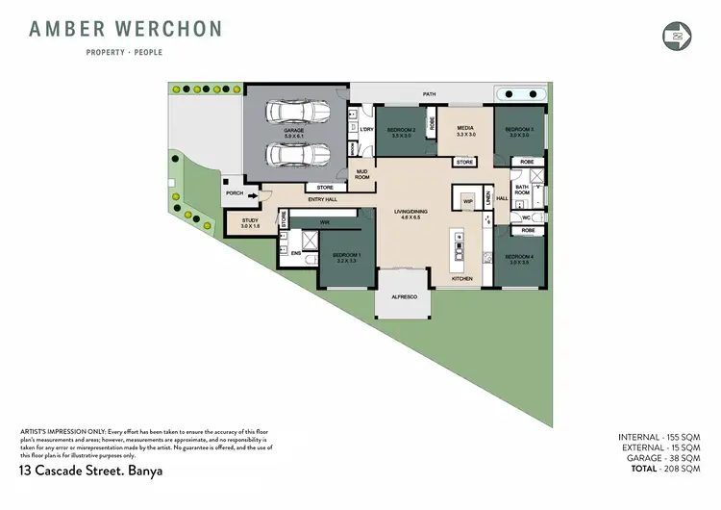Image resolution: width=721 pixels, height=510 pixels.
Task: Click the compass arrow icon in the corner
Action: (x=678, y=36)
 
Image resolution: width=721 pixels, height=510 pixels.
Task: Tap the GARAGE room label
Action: (x=293, y=131)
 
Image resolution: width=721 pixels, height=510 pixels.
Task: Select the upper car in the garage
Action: (x=293, y=113)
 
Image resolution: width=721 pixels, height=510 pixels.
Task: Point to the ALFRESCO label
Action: (x=404, y=297)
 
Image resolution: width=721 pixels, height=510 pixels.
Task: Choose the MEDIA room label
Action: (x=466, y=129)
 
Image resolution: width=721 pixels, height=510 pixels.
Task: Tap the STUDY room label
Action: (x=250, y=222)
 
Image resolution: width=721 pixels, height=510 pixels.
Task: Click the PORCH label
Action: (x=235, y=193)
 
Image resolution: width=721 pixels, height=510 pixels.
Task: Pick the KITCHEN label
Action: (x=463, y=279)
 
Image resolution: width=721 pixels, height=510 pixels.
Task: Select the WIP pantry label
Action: (x=468, y=202)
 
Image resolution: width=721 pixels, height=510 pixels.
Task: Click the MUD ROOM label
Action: (x=362, y=175)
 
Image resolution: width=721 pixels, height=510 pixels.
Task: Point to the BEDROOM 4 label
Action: (x=519, y=256)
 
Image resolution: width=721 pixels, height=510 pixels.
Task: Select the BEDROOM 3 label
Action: (x=519, y=129)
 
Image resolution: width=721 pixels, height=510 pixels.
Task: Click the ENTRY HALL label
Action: (x=322, y=199)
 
